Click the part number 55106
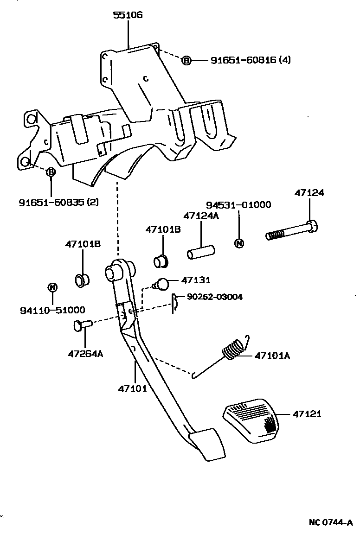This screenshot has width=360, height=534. [x=128, y=15]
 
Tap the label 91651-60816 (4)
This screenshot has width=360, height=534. [x=251, y=60]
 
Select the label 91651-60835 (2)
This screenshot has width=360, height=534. [x=58, y=203]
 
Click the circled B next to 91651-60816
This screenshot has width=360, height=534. [x=186, y=60]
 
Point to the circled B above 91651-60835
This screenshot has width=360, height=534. [x=51, y=172]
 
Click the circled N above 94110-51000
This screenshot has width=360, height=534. [x=52, y=287]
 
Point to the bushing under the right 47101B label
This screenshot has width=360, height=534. [x=161, y=261]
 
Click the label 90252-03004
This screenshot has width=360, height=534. [x=215, y=297]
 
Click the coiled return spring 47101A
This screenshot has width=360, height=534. [x=233, y=350]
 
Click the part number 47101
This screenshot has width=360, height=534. [x=133, y=388]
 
